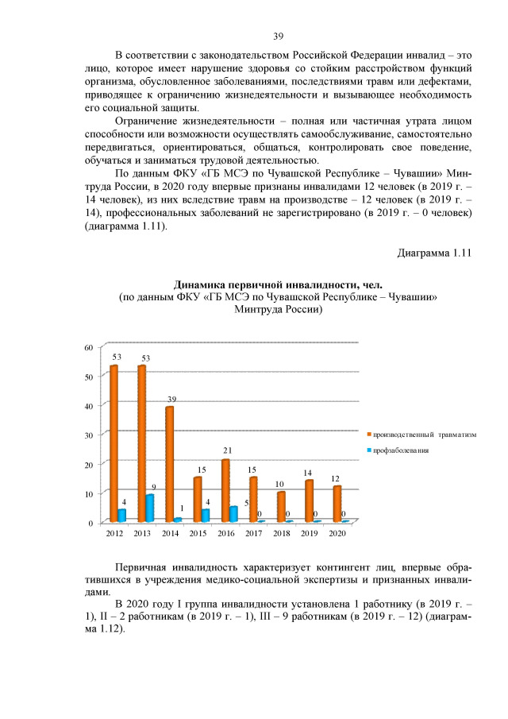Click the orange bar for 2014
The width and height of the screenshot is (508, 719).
[x=169, y=464]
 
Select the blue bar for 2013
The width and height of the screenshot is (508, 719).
[x=150, y=508]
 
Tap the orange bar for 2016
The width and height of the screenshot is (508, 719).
[x=225, y=490]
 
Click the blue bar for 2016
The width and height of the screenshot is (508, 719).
[x=234, y=514]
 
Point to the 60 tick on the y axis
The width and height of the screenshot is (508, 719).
[x=89, y=347]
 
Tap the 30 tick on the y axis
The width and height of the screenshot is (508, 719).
[x=89, y=435]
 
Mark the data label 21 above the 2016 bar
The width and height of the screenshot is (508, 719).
[x=227, y=450]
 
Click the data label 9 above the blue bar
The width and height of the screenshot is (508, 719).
[x=153, y=486]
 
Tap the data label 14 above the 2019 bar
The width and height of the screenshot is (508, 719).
[x=309, y=473]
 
